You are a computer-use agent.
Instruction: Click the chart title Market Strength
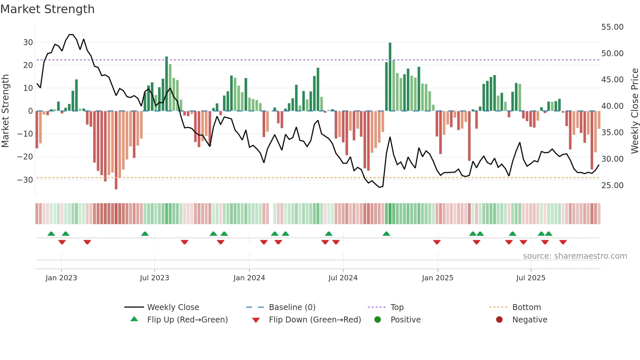(47, 9)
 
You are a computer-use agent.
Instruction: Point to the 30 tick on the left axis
(28, 42)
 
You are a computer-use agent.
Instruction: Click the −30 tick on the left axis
(25, 180)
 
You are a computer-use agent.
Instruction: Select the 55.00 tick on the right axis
(612, 27)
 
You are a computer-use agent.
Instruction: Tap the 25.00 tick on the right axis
(612, 186)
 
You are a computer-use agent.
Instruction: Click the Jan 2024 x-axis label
(249, 278)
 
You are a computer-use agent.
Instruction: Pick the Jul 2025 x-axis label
(531, 278)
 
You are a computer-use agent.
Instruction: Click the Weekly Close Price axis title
(634, 111)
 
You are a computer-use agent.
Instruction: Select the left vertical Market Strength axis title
(5, 111)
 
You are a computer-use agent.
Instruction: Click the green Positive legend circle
(378, 320)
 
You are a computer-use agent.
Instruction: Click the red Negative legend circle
(499, 320)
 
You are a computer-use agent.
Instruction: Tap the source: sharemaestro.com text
(575, 256)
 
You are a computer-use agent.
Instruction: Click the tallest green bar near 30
(390, 77)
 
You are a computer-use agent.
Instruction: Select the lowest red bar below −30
(116, 150)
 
